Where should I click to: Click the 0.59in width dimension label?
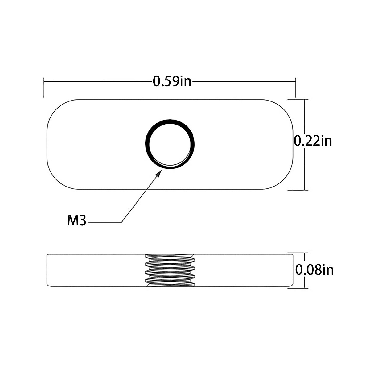[x=172, y=81]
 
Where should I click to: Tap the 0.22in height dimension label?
[x=313, y=141]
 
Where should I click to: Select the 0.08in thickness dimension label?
[x=314, y=270]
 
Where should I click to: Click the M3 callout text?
[x=77, y=221]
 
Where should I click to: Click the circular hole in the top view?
[x=170, y=143]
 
